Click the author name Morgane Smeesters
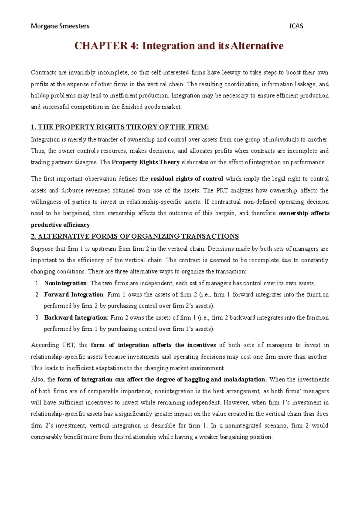60,26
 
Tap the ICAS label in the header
296,26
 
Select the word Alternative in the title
257,46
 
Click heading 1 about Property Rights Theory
120,127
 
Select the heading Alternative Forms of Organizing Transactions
135,236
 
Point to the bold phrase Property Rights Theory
145,162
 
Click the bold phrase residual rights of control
187,179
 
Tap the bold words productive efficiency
60,225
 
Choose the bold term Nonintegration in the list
65,283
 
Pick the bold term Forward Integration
73,294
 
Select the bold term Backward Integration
75,317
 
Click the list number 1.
37,283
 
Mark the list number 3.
37,318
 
